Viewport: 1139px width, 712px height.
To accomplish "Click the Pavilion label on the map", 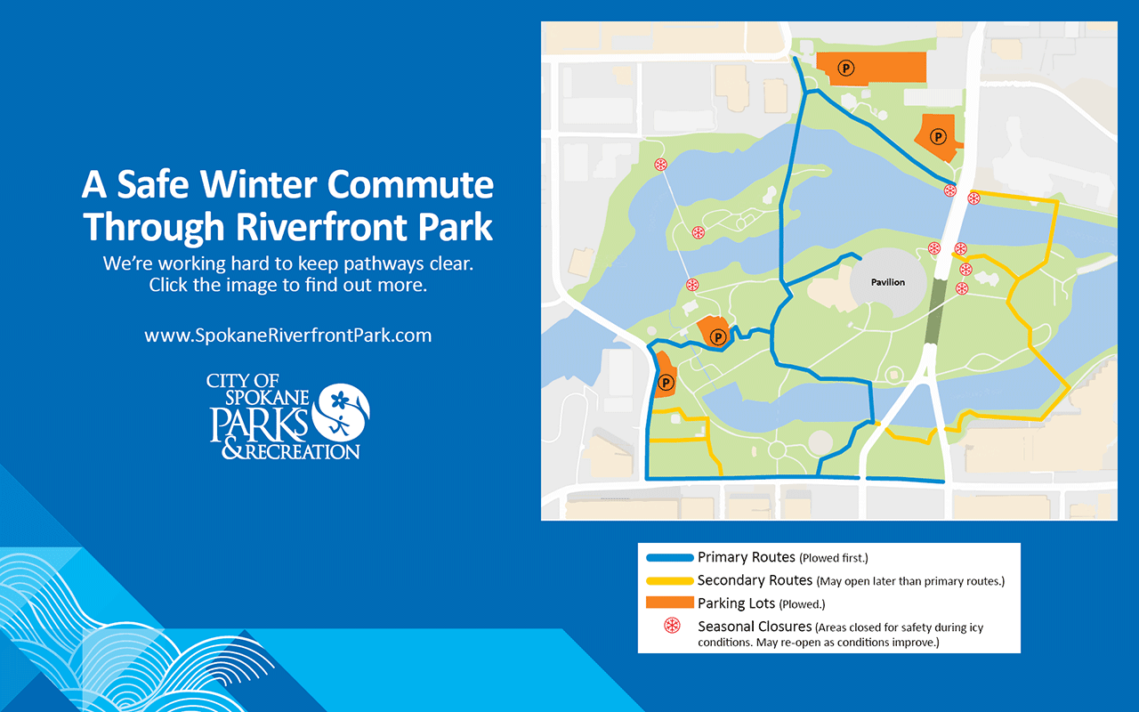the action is tap(888, 282).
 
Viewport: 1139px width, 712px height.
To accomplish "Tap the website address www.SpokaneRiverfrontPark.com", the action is tap(287, 336).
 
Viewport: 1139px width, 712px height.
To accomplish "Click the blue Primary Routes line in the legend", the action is tap(670, 557).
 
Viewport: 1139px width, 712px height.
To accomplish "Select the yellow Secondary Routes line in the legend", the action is tap(670, 581).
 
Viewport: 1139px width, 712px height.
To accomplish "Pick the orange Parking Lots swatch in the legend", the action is tap(670, 603).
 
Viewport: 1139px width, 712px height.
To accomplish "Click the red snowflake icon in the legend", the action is tap(672, 626).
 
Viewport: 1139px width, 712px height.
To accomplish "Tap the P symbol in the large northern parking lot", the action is tap(846, 68).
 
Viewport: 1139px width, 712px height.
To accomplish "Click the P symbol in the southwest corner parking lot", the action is tap(666, 382).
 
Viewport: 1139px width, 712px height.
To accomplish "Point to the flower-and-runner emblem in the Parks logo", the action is tap(340, 411).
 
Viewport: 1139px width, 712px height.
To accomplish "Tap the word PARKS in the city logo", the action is tap(259, 424).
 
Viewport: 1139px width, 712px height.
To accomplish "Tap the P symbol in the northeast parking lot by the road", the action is tap(938, 137).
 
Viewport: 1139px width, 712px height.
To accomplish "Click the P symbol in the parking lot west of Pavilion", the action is tap(718, 336).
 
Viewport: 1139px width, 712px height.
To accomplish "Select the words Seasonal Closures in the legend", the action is tap(755, 626).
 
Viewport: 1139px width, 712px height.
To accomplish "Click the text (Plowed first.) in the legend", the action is tap(834, 558).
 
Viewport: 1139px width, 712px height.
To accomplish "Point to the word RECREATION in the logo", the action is tap(303, 451).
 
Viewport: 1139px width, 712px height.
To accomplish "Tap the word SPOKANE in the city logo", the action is tap(267, 398).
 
